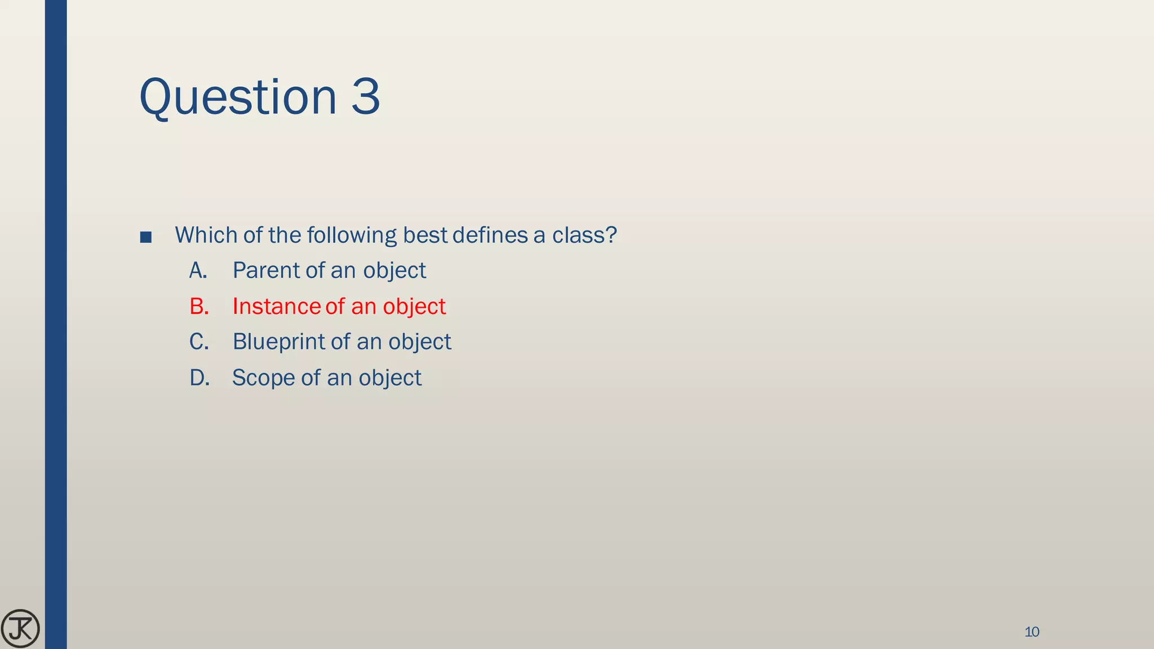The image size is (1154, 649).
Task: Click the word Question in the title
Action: pyautogui.click(x=237, y=97)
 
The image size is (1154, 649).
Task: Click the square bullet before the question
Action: pyautogui.click(x=145, y=237)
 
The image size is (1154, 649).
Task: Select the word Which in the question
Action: pyautogui.click(x=206, y=235)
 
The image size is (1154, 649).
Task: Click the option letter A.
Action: pyautogui.click(x=198, y=270)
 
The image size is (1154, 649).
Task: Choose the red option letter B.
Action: pyautogui.click(x=199, y=306)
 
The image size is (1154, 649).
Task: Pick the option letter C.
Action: pyautogui.click(x=199, y=342)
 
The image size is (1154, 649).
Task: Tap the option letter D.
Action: pyautogui.click(x=199, y=378)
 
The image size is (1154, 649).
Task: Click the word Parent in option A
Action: pyautogui.click(x=267, y=270)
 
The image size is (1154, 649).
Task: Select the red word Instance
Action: pyautogui.click(x=276, y=306)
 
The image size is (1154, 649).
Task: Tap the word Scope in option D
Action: pyautogui.click(x=263, y=378)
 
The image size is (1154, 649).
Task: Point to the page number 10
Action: pyautogui.click(x=1032, y=632)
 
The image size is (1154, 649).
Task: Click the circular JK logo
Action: pyautogui.click(x=20, y=628)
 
